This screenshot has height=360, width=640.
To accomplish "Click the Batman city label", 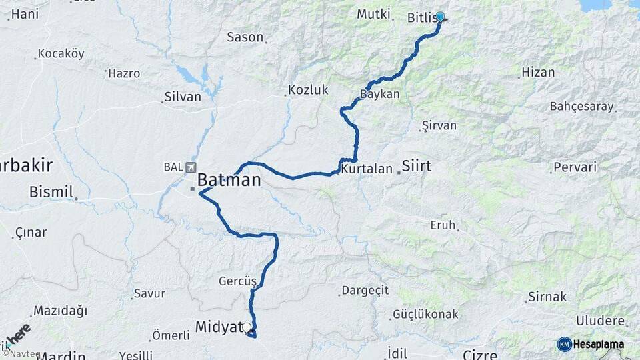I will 229,180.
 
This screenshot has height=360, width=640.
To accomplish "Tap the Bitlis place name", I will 422,17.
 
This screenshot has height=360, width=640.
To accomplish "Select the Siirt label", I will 417,166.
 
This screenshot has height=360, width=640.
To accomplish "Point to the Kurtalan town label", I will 366,169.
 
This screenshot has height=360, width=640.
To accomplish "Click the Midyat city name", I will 218,327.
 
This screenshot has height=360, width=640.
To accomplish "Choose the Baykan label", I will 380,94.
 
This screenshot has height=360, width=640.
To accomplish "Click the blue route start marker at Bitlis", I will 440,17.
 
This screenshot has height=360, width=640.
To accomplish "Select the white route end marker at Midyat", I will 247,327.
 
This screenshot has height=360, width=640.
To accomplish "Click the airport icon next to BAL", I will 192,167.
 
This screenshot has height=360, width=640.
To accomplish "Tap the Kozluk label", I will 308,90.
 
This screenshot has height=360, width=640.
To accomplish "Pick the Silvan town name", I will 182,97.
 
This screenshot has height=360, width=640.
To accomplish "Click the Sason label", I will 245,37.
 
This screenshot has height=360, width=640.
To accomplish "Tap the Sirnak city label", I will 547,297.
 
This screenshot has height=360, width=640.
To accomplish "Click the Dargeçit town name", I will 364,291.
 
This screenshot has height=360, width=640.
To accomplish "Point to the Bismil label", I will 51,193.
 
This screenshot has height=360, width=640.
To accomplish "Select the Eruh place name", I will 443,225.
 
